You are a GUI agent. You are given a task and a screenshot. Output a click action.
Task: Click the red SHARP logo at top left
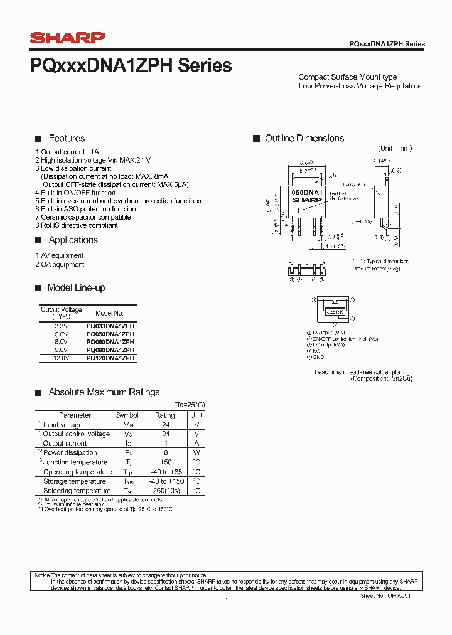[68, 38]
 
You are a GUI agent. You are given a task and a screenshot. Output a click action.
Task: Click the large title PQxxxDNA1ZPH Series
[131, 65]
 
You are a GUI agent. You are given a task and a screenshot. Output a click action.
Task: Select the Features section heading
[67, 138]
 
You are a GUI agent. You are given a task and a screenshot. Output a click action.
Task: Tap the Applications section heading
[73, 240]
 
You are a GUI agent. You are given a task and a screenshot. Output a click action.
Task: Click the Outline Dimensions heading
[304, 138]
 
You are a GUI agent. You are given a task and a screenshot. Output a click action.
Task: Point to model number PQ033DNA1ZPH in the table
[110, 326]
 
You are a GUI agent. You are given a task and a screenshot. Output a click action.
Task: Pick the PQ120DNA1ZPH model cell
[110, 358]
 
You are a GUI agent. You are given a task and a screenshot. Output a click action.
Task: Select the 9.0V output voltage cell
[61, 350]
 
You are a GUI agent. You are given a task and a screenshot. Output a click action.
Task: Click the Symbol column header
[127, 415]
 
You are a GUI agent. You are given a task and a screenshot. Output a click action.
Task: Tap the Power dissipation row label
[70, 452]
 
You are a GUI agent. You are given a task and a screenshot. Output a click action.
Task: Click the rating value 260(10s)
[165, 491]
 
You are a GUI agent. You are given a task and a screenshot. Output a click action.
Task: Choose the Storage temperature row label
[74, 481]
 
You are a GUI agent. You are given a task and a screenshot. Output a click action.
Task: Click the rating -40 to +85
[165, 472]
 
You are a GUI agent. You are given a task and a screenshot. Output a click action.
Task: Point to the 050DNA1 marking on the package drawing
[306, 192]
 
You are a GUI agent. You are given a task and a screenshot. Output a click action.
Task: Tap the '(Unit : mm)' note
[395, 148]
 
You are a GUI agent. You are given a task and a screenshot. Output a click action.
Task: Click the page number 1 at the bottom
[226, 600]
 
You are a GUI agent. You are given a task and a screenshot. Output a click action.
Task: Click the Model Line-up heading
[76, 288]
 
